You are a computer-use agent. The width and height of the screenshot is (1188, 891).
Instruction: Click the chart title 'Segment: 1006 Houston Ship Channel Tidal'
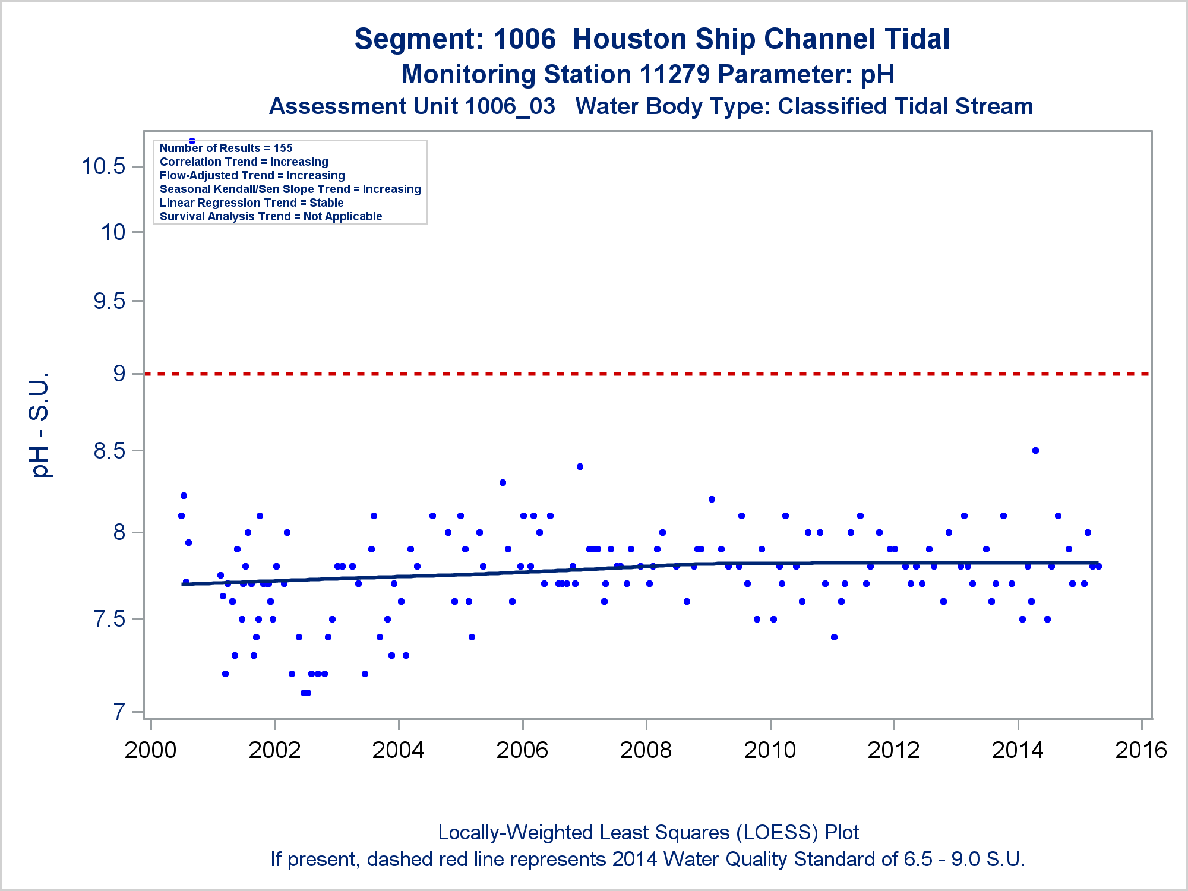pos(652,39)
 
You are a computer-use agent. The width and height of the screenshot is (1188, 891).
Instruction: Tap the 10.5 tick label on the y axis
pos(103,166)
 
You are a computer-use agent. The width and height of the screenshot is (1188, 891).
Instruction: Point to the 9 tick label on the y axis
pos(119,374)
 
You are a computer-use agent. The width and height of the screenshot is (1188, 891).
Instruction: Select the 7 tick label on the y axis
pos(119,712)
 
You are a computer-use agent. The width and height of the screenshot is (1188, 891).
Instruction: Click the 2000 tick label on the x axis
pos(150,750)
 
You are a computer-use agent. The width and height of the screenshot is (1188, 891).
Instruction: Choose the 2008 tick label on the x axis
pos(646,750)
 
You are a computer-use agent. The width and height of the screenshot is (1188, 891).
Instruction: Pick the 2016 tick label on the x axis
pos(1141,750)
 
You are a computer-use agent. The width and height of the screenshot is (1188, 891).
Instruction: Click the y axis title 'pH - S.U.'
pos(40,425)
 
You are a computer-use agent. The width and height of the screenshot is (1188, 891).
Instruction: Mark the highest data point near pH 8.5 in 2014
pos(1035,450)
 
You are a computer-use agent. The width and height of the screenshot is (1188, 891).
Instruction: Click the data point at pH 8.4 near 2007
pos(580,466)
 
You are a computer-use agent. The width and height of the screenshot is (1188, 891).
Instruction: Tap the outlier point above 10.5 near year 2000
pos(192,141)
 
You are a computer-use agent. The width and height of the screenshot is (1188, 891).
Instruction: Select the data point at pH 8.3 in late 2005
pos(503,482)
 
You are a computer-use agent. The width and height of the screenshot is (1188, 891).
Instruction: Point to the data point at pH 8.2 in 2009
pos(712,499)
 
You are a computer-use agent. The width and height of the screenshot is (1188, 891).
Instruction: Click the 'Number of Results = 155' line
pos(226,148)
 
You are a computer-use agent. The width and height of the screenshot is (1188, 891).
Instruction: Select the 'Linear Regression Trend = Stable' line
pos(251,203)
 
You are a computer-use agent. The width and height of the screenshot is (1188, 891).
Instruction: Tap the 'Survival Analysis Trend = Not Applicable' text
pos(271,216)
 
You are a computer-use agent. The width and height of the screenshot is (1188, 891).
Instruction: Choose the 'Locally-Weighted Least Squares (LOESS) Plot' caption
pos(648,832)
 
